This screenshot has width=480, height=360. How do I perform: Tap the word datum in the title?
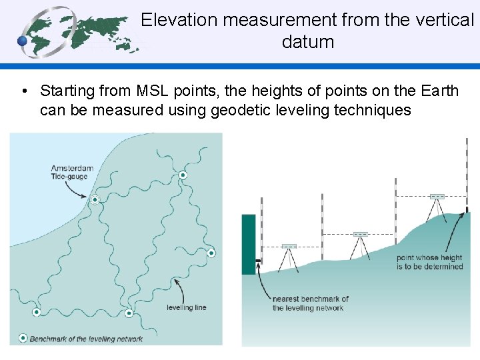tap(307, 42)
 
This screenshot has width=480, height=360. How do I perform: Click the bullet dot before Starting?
tap(23, 91)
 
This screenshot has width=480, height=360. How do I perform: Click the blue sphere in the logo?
tap(23, 41)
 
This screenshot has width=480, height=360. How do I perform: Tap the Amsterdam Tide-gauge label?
tap(72, 172)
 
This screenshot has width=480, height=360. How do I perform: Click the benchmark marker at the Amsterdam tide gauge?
tap(95, 200)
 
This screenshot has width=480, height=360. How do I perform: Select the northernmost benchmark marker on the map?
tap(183, 175)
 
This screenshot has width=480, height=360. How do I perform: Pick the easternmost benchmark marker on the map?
tap(211, 253)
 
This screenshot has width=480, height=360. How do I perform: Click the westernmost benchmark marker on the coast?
tap(37, 312)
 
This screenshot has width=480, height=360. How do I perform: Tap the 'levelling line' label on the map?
tap(186, 308)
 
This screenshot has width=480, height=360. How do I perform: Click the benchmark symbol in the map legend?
tap(23, 338)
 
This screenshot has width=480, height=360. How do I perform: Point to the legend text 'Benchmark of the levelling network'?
tap(86, 339)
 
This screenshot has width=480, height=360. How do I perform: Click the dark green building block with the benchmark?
tap(248, 244)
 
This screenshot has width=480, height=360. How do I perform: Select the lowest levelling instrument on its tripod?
tap(289, 247)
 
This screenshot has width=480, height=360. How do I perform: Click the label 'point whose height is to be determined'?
tap(429, 262)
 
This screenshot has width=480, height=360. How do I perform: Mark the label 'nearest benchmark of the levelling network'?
tap(310, 303)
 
